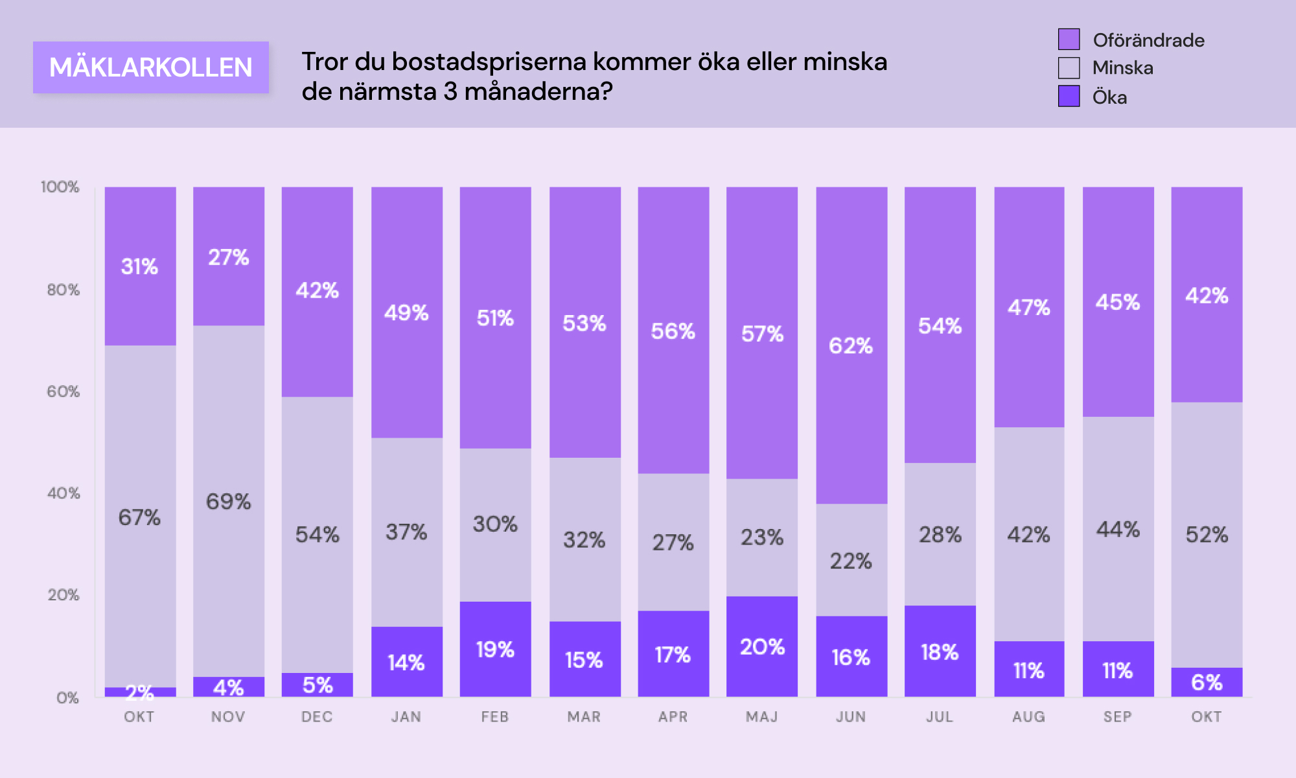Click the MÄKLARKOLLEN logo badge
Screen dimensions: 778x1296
(151, 67)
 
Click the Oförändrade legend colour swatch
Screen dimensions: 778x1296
(1069, 40)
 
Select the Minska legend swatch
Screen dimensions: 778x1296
(1069, 67)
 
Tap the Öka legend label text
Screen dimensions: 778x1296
(1109, 97)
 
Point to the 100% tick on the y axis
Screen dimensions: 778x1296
(60, 187)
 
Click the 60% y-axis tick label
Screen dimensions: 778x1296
(63, 392)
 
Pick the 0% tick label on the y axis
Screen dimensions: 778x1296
(67, 698)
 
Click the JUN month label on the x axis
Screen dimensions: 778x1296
(851, 716)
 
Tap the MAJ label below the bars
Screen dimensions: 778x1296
(762, 716)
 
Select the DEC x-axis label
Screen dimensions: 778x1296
(317, 716)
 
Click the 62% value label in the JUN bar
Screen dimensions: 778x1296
(851, 346)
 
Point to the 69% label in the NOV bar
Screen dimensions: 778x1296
(228, 501)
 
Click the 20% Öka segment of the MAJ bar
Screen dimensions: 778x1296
(762, 646)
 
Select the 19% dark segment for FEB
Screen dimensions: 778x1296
(495, 649)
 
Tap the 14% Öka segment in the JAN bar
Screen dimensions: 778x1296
(406, 662)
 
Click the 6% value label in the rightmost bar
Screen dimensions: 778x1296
(1207, 682)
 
